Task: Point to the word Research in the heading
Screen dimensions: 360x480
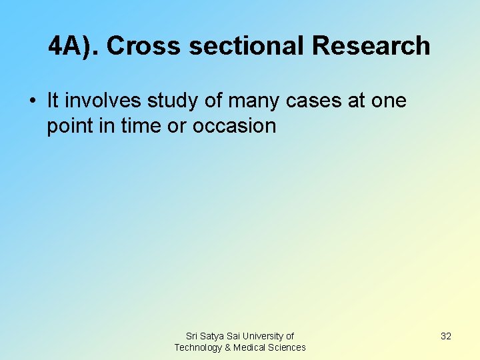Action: [371, 46]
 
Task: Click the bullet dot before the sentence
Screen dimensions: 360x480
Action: [32, 101]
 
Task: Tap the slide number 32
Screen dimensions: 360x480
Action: [446, 336]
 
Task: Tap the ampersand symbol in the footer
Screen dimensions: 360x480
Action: [228, 347]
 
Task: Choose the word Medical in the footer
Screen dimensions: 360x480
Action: [249, 347]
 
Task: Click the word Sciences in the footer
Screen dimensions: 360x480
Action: [287, 347]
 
